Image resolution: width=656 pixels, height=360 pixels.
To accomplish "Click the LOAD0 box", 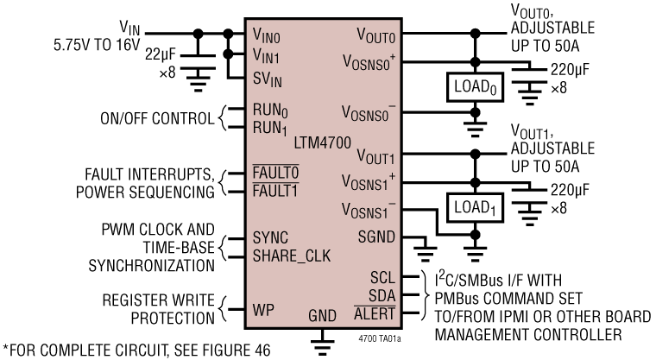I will (x=472, y=87).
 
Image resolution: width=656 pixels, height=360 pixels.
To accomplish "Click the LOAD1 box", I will (x=472, y=207).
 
